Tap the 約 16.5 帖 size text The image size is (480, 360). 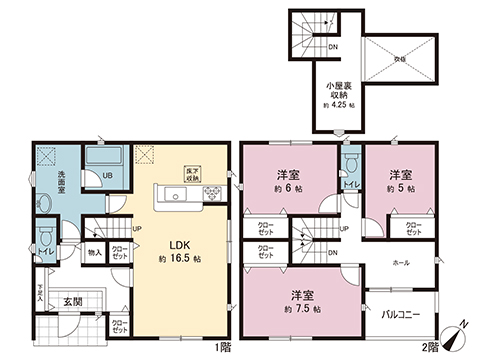(x=180, y=258)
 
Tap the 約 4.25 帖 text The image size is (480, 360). (x=335, y=107)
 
